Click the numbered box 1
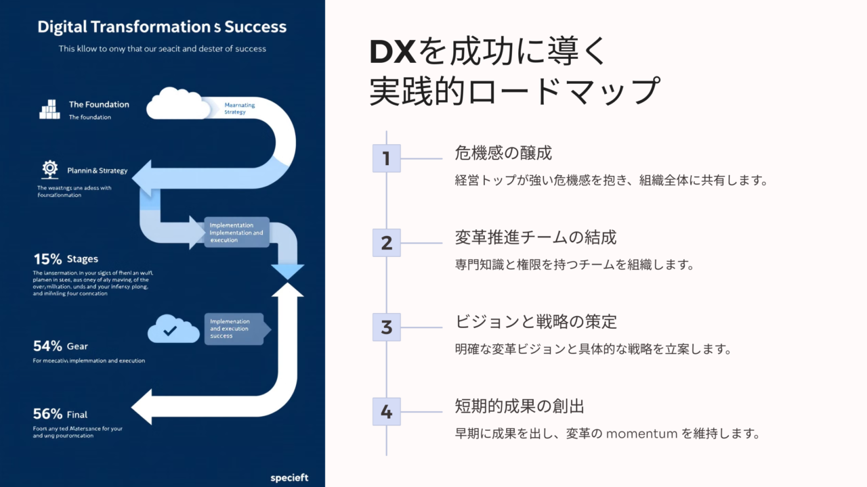tap(387, 158)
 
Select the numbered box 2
tap(387, 243)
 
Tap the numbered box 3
tap(387, 327)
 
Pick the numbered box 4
tap(387, 411)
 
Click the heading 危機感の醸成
tap(503, 153)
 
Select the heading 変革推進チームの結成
tap(535, 237)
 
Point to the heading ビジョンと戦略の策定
tap(536, 322)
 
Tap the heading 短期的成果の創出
tap(520, 407)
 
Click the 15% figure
tap(47, 258)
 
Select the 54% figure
tap(47, 346)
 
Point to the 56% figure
tap(47, 414)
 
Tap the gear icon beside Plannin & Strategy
tap(49, 168)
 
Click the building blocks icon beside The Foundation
tap(49, 109)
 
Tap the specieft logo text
tap(289, 478)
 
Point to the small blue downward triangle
tap(287, 271)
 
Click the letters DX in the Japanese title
tap(393, 53)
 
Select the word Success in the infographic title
tap(256, 27)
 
